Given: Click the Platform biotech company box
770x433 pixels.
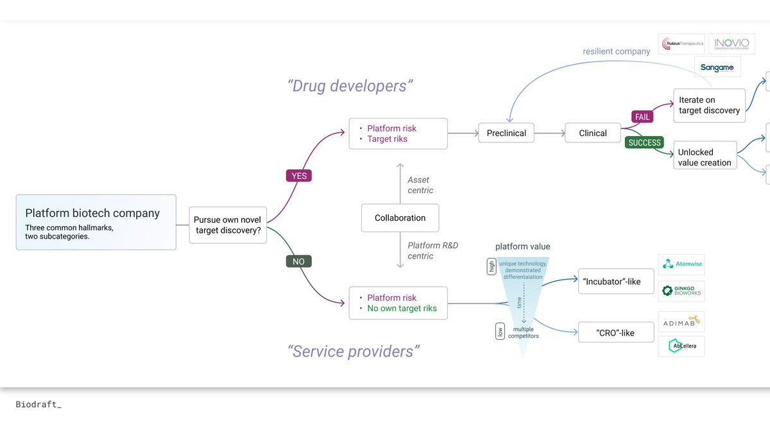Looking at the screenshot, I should tap(96, 222).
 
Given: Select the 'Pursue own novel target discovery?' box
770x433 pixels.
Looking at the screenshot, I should tap(228, 225).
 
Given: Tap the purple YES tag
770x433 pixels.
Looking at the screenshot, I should tap(298, 175).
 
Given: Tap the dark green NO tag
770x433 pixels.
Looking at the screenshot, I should tap(298, 261).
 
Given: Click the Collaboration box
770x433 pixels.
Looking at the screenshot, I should tap(400, 218).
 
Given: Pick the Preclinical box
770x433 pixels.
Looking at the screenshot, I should tap(506, 133).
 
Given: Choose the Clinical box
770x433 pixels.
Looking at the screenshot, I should tap(592, 133).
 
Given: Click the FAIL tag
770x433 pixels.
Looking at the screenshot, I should tap(642, 117).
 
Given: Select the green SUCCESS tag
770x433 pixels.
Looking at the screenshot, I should tap(644, 142).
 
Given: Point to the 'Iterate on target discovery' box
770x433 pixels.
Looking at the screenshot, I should tap(708, 105).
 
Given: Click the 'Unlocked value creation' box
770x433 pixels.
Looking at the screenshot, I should tap(704, 157).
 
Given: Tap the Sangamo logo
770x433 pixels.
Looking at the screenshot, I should tap(717, 67).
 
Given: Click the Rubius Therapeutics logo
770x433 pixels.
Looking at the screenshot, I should tap(681, 44).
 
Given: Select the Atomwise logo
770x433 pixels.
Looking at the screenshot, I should tap(681, 264).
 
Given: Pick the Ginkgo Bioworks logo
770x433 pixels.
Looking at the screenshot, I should tap(681, 291).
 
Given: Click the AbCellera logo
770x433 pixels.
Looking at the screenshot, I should tap(681, 346).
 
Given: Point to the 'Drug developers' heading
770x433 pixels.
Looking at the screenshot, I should tap(350, 85).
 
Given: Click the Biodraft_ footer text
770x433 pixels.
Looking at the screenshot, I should tap(38, 405).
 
